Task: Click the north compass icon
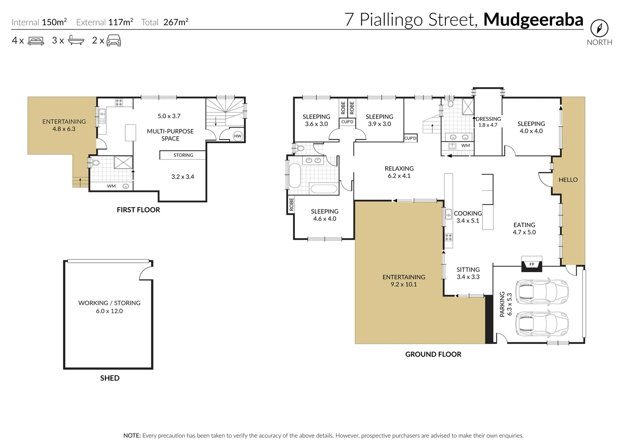pos(599,28)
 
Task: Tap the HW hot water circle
pos(238,136)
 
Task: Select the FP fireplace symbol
pos(532,264)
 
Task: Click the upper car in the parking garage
pos(542,290)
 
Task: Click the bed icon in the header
pos(36,41)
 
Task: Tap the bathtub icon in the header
pos(76,41)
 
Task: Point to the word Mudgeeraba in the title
pos(533,20)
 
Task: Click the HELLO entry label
pos(568,180)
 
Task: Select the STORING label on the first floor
pos(183,155)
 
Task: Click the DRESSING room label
pos(488,119)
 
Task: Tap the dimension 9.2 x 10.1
pos(404,284)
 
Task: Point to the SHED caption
pos(110,378)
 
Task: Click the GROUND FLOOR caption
pos(433,354)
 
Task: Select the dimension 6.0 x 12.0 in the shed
pos(109,311)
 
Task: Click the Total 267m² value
pos(176,22)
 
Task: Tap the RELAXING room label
pos(399,169)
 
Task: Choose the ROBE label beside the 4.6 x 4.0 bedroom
pos(291,205)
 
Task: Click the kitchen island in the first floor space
pos(130,133)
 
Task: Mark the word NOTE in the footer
pos(132,435)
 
